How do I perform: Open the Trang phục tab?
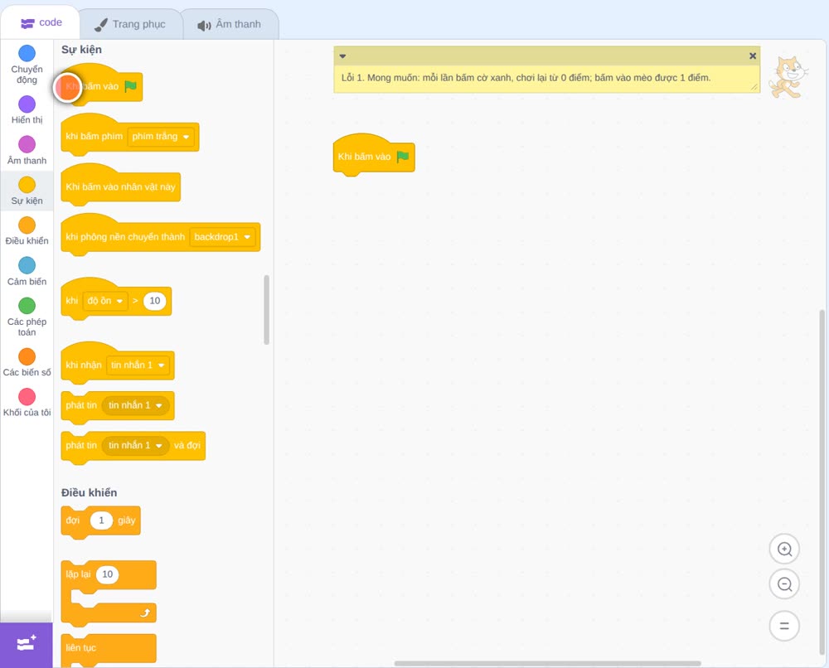point(130,24)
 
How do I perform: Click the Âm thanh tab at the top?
point(230,24)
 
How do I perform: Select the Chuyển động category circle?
point(27,53)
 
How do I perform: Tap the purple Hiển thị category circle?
point(27,104)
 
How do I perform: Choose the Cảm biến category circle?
point(27,265)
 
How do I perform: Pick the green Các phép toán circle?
point(27,306)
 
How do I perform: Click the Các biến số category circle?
point(27,356)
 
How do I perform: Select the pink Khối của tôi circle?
point(27,397)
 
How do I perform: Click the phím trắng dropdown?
point(161,137)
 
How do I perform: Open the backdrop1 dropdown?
point(222,237)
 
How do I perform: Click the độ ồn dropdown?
point(105,301)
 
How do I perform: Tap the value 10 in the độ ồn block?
point(154,301)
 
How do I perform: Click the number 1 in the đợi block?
point(101,520)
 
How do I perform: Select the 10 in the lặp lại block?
point(107,574)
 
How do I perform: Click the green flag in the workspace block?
point(403,157)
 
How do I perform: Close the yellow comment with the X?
point(753,56)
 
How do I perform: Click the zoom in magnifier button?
point(784,549)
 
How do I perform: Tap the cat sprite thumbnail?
point(788,77)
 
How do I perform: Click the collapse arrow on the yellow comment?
point(342,56)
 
